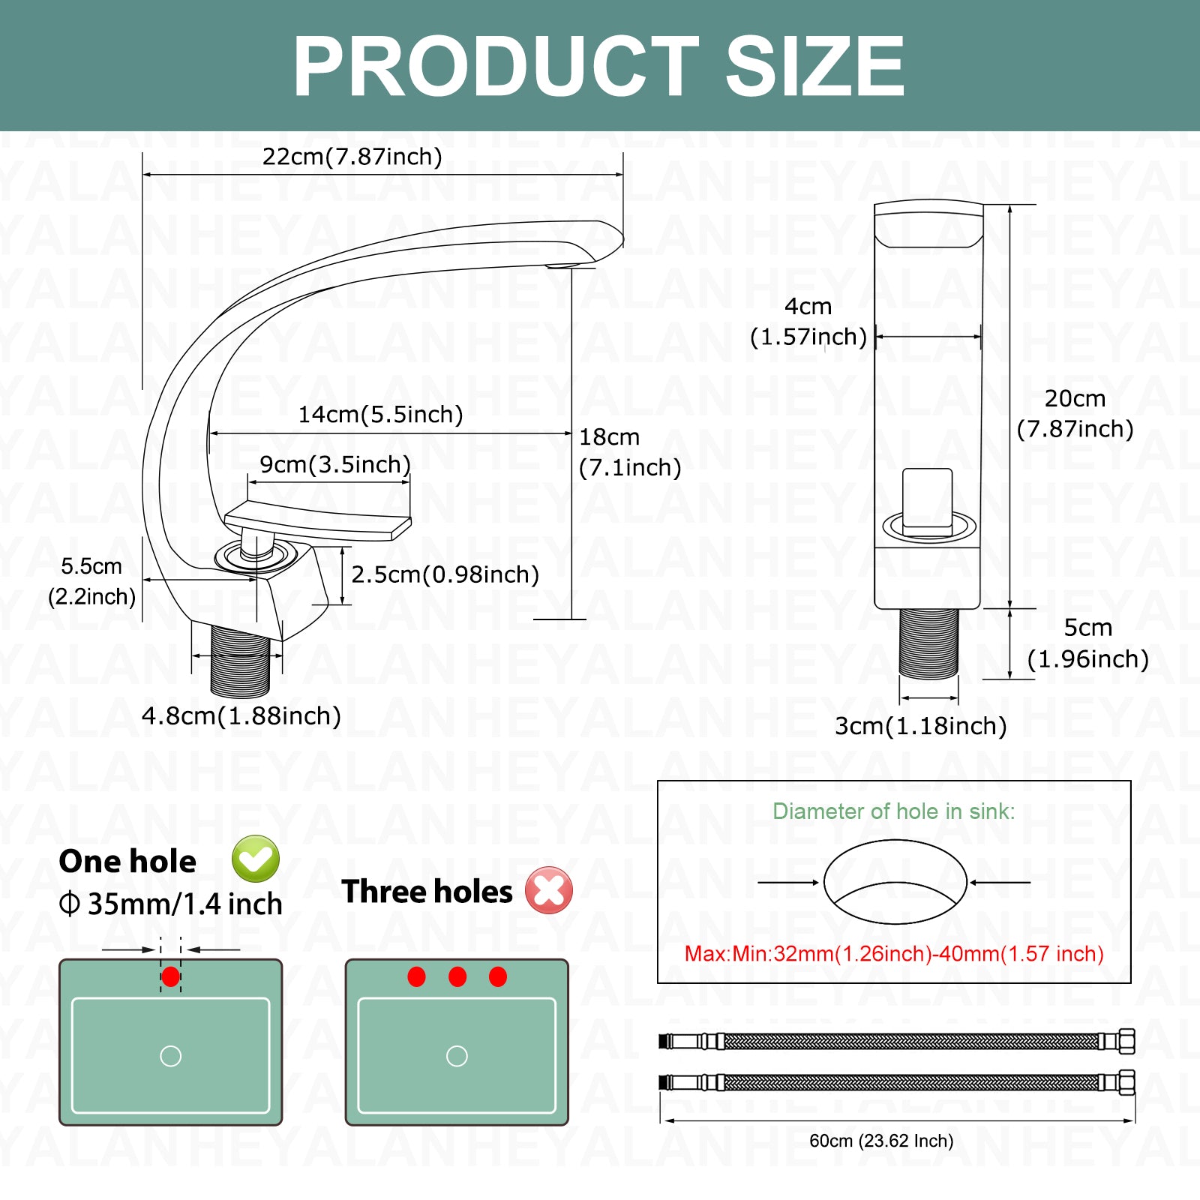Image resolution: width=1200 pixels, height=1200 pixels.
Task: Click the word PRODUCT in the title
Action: click(x=496, y=67)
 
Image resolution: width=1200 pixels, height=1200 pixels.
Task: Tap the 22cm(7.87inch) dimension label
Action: click(x=352, y=157)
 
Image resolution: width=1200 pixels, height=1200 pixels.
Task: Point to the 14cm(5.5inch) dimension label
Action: click(x=381, y=415)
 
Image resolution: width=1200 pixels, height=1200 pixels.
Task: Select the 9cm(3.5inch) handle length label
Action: click(x=335, y=465)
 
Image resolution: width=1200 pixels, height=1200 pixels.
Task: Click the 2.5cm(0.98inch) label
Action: click(x=445, y=574)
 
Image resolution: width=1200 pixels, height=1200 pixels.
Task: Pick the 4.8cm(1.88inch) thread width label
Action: click(x=241, y=716)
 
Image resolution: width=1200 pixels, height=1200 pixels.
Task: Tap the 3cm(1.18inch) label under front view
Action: click(x=921, y=726)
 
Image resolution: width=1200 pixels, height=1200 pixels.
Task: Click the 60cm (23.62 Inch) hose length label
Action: click(x=881, y=1141)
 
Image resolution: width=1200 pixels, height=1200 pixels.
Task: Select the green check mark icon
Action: click(x=256, y=859)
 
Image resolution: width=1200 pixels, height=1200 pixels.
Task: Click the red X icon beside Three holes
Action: click(x=549, y=890)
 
